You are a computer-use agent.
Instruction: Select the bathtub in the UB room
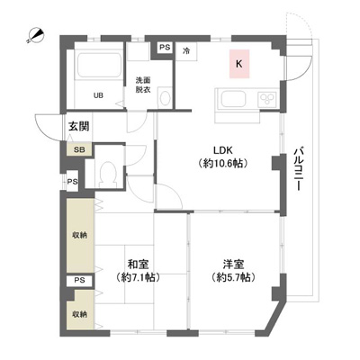pos(99,66)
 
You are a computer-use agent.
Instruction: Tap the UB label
pos(98,95)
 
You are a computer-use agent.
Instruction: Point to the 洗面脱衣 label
pos(143,85)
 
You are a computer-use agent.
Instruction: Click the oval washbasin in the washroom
pos(165,98)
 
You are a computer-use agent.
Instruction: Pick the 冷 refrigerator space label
pos(186,51)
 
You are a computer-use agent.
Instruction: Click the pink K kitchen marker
pos(239,64)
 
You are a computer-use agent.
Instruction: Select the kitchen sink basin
pos(233,99)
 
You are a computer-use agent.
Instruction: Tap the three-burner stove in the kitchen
pos(266,99)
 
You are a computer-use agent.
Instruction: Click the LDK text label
pos(223,150)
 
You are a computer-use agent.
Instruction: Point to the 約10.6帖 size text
pos(222,164)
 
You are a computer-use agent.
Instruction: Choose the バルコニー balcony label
pos(298,168)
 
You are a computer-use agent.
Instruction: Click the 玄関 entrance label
pos(79,126)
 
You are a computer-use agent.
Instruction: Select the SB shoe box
pos(79,149)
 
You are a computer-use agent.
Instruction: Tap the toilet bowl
pos(108,173)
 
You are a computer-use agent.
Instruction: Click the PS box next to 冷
pos(165,47)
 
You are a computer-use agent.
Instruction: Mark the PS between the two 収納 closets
pos(79,281)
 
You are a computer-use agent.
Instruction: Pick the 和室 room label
pos(138,265)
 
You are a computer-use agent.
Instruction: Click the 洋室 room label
pos(233,265)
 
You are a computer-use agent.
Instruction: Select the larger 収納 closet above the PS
pos(80,236)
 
